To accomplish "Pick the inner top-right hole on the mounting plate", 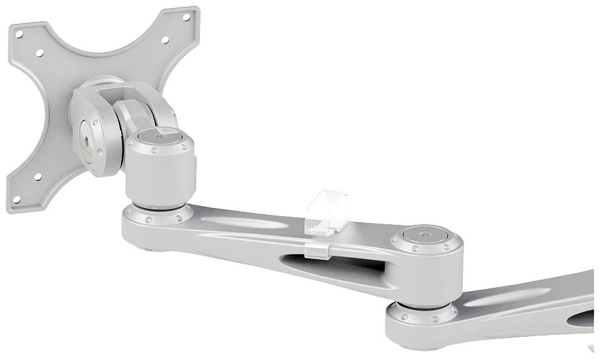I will coord(165,40).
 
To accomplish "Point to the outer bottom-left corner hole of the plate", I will coord(17,199).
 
